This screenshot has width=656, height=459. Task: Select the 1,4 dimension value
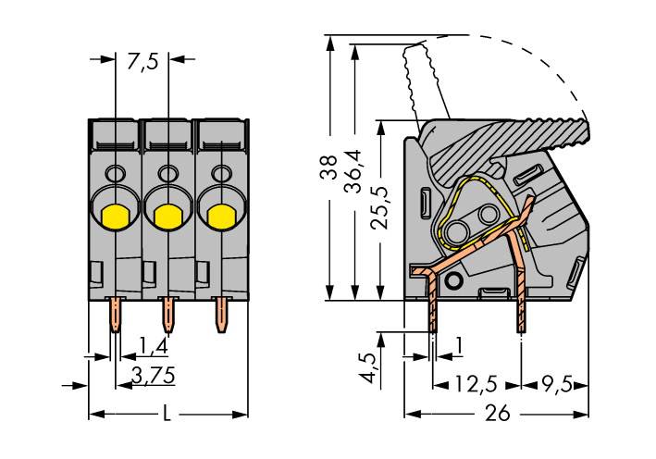pos(153,347)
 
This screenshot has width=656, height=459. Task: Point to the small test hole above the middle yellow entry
pos(167,173)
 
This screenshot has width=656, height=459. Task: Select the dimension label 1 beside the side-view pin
pos(459,347)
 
